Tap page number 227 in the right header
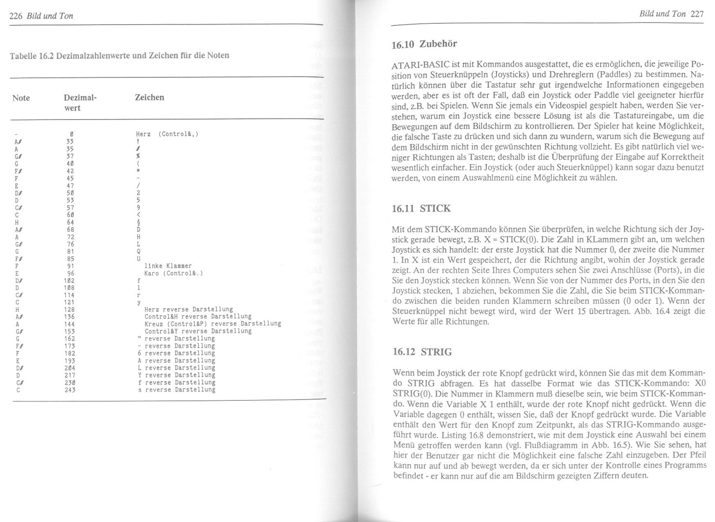pyautogui.click(x=697, y=14)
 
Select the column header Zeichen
pyautogui.click(x=150, y=97)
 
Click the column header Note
pyautogui.click(x=21, y=98)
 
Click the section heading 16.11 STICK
pyautogui.click(x=421, y=209)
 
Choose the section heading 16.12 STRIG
pyautogui.click(x=422, y=352)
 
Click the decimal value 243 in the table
pyautogui.click(x=70, y=390)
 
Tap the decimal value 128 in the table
pyautogui.click(x=70, y=310)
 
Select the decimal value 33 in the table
pyautogui.click(x=70, y=141)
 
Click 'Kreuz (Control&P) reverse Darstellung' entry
pyautogui.click(x=213, y=323)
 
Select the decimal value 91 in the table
pyautogui.click(x=70, y=266)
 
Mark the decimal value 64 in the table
pyautogui.click(x=70, y=222)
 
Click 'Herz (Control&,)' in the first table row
pyautogui.click(x=167, y=134)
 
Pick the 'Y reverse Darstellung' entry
pyautogui.click(x=177, y=375)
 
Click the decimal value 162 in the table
pyautogui.click(x=70, y=339)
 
